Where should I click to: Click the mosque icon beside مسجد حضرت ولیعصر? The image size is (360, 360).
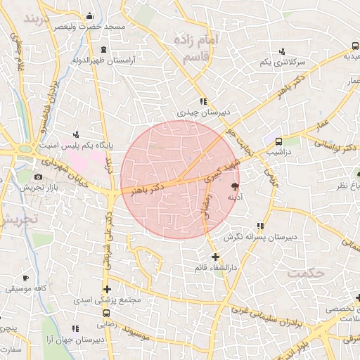89,16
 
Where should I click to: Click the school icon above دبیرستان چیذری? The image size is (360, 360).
203,101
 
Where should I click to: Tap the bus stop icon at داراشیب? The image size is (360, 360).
279,141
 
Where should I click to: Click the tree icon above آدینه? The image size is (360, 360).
234,186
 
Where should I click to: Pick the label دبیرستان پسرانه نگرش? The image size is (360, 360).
260,237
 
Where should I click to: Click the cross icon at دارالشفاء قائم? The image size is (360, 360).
215,257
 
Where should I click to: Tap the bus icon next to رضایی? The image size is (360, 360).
106,314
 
